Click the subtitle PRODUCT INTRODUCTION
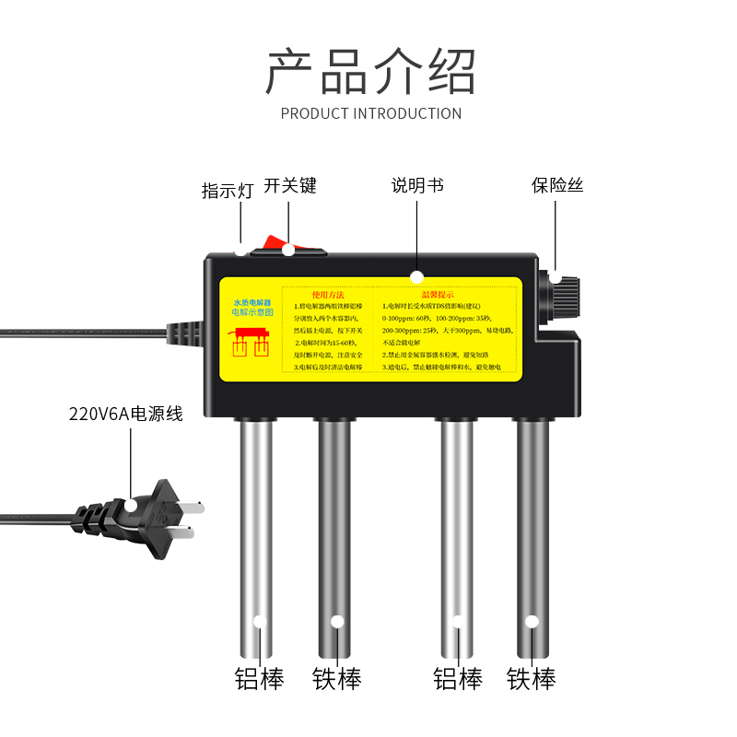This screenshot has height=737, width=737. tap(370, 113)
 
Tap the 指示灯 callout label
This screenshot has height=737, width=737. tap(227, 191)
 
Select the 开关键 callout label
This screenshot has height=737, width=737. tap(290, 185)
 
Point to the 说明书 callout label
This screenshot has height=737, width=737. tap(417, 185)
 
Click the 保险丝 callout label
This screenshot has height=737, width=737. tap(557, 185)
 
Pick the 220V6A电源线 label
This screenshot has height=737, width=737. tap(126, 414)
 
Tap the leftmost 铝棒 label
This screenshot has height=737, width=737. tap(259, 680)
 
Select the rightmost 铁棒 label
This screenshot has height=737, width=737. tap(532, 680)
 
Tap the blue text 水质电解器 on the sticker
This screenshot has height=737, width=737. tap(250, 302)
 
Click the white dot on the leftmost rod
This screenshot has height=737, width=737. tap(259, 621)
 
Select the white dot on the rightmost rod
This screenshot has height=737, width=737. tap(532, 621)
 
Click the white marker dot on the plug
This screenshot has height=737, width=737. tap(132, 504)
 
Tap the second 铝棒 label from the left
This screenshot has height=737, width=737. tap(458, 680)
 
